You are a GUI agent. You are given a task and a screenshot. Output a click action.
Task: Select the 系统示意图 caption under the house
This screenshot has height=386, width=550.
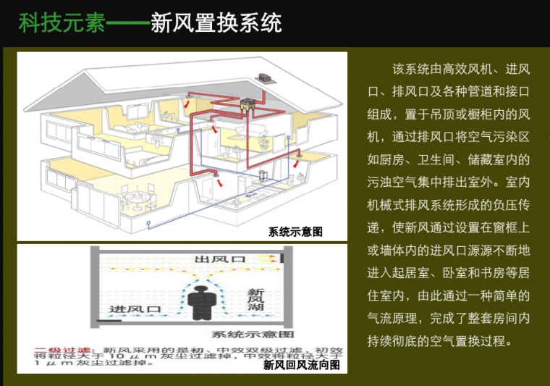click(295, 232)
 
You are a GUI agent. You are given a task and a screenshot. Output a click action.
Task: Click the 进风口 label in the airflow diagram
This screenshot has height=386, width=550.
click(134, 309)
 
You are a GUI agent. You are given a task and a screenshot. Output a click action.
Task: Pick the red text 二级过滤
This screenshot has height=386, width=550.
click(60, 349)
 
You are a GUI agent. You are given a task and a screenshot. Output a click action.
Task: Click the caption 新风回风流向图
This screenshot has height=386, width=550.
click(301, 365)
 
